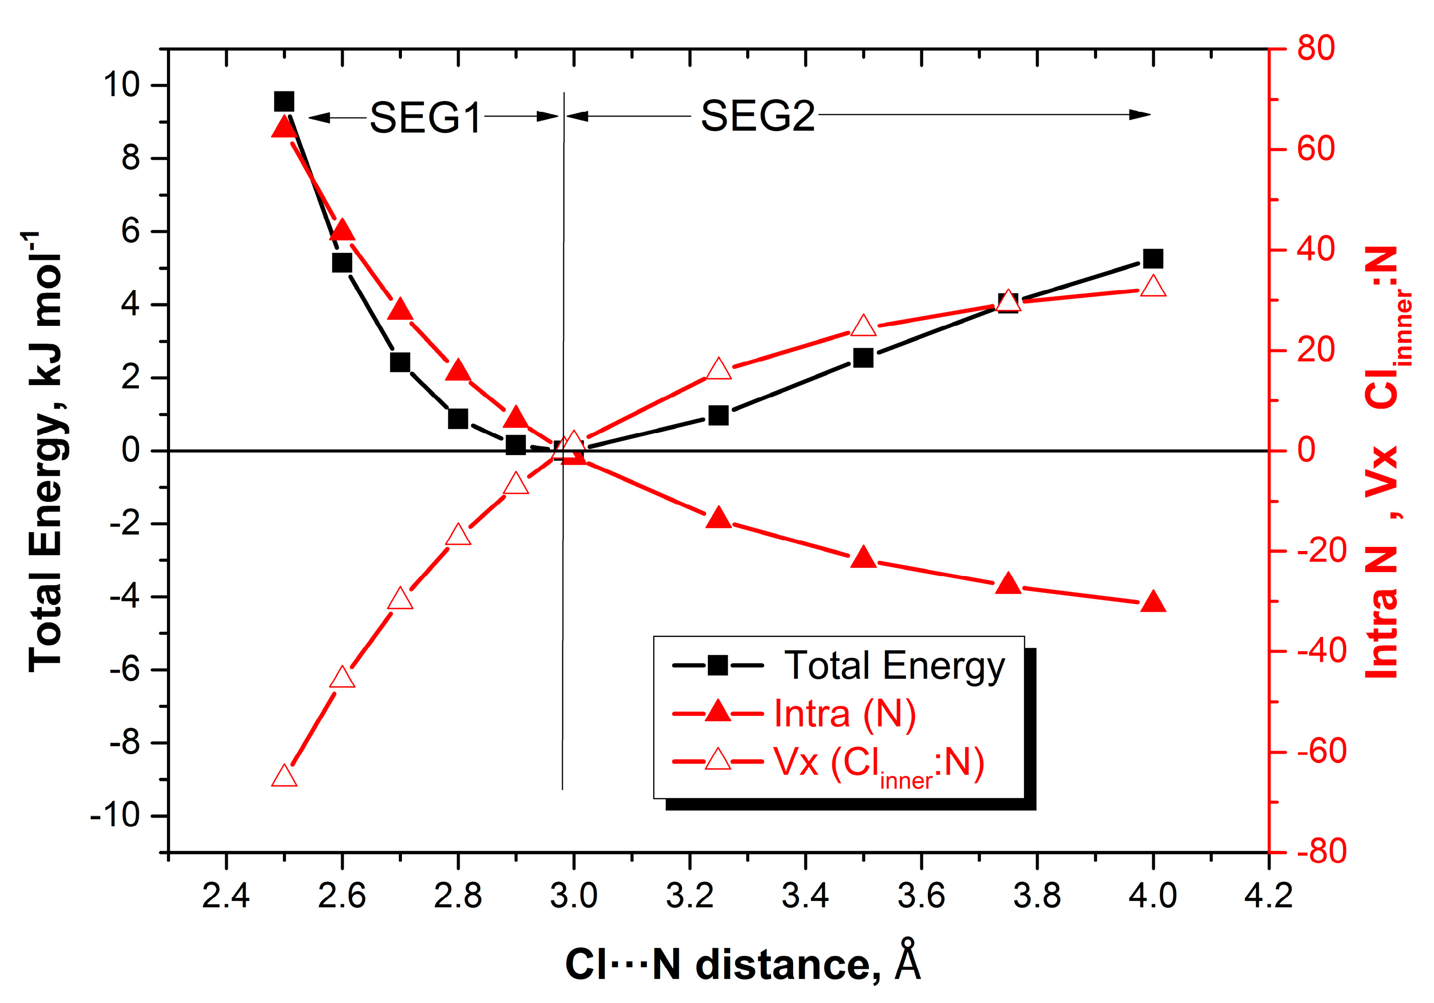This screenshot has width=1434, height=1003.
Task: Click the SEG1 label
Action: pos(425,117)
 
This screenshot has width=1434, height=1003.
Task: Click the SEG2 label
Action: pos(757,116)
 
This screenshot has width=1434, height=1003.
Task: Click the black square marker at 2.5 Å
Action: pos(284,101)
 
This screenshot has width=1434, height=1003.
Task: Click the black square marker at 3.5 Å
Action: pos(863,358)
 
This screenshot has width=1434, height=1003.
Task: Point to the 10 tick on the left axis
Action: pos(121,85)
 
